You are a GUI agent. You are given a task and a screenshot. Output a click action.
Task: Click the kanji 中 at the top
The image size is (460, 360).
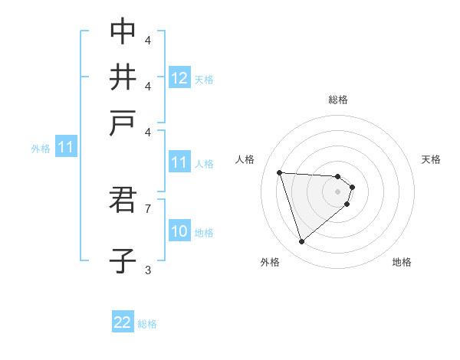(123, 31)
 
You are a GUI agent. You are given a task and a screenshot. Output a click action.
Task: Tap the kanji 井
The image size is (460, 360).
(123, 77)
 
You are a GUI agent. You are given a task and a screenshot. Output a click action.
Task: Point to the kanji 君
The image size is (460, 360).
(123, 201)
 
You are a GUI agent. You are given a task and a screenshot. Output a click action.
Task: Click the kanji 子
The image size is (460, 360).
(123, 260)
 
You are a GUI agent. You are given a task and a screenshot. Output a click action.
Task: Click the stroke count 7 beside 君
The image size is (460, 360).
(148, 208)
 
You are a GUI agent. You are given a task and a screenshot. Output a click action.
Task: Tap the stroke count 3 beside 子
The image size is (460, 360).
(148, 270)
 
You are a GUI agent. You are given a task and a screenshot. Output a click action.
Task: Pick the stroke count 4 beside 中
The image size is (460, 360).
(148, 40)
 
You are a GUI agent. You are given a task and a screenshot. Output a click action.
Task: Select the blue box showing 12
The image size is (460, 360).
(179, 78)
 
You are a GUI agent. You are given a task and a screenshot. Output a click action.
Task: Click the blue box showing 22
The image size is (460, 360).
(123, 323)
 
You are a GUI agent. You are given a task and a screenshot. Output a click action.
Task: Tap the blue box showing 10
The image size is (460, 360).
(179, 231)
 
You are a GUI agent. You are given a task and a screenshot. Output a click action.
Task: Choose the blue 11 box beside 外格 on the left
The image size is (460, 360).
(65, 148)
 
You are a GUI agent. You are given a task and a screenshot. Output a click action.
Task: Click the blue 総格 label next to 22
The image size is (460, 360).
(147, 324)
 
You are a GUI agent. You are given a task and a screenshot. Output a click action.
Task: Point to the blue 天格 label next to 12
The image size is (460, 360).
(204, 79)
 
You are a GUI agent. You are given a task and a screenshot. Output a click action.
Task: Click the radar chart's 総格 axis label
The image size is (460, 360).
(338, 100)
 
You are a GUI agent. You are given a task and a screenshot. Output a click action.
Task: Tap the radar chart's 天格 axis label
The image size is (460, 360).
(431, 159)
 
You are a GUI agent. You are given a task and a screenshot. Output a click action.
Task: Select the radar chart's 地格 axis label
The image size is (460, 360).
(402, 262)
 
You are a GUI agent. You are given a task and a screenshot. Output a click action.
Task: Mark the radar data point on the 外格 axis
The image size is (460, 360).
(302, 242)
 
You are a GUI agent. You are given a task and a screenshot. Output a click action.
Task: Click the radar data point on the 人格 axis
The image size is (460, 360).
(280, 172)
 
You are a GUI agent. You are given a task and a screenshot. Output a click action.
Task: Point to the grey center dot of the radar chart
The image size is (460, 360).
(338, 191)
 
